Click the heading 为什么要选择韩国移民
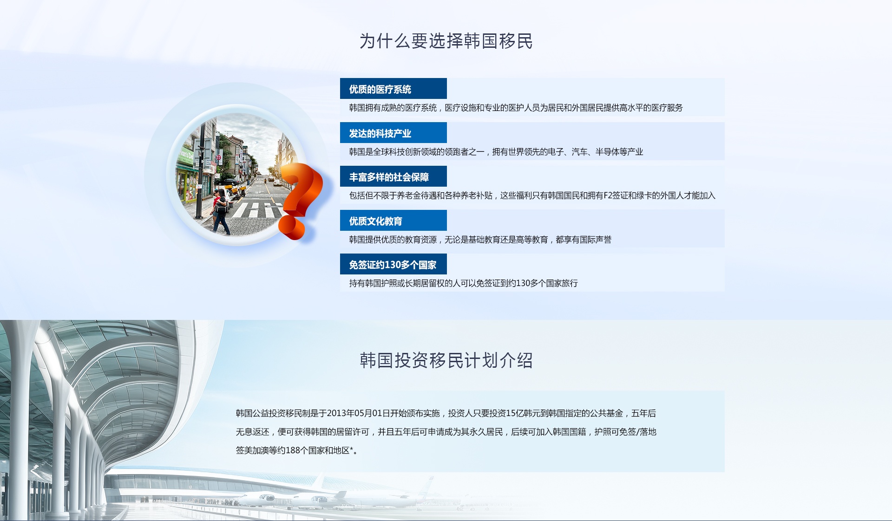point(446,41)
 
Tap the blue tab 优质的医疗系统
point(393,89)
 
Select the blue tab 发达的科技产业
point(393,133)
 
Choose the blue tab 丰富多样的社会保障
point(393,176)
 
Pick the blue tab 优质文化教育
point(393,221)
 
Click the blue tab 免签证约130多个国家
point(393,264)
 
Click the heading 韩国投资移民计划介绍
point(446,360)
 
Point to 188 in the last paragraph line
point(293,450)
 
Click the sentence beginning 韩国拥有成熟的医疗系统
point(516,108)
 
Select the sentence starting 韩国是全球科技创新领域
point(496,152)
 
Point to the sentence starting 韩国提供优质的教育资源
point(480,240)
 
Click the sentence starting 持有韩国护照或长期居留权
point(463,283)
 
